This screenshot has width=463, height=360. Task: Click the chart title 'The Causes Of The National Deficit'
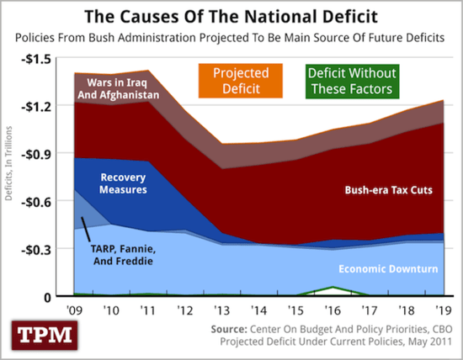[x=231, y=15]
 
